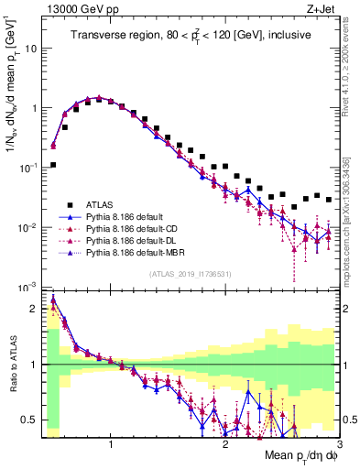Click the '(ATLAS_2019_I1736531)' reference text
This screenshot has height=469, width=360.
click(190, 274)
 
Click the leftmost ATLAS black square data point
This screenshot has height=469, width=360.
click(53, 165)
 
